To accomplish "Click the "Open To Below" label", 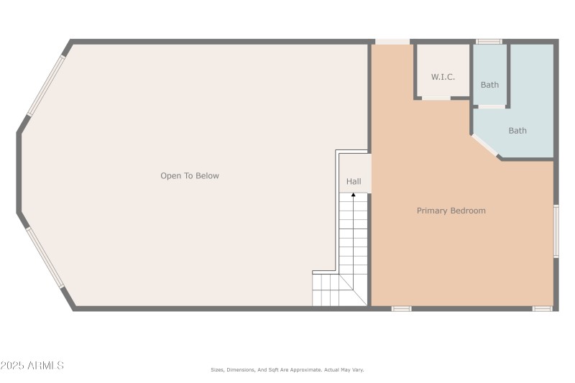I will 190,176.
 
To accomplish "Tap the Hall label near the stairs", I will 354,182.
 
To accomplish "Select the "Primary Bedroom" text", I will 451,211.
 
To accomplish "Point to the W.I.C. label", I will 443,77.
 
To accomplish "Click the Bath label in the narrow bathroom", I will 489,85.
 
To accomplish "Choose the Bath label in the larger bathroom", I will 517,131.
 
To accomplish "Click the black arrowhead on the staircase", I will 353,195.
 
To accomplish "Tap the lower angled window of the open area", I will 46,257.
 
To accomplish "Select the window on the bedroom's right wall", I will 556,231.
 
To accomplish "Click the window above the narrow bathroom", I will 489,42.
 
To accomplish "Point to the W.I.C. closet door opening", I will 436,98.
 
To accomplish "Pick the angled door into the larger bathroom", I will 485,145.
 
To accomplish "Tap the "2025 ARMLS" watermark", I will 32,366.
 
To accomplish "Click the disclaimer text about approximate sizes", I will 287,370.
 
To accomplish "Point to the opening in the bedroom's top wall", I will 392,42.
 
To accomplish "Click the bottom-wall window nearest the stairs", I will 401,309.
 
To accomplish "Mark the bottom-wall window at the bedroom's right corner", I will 542,309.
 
